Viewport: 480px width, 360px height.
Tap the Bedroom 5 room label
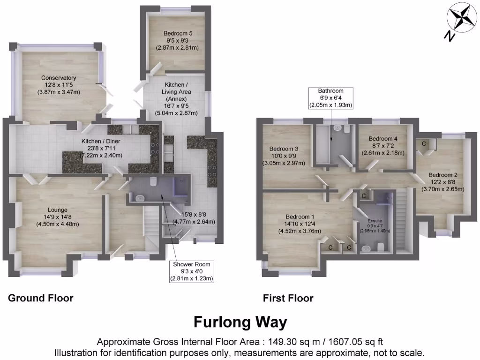[x=178, y=40]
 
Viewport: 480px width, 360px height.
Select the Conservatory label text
[x=59, y=85]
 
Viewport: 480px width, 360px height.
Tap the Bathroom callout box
[x=330, y=98]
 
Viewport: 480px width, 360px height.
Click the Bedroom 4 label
[x=382, y=146]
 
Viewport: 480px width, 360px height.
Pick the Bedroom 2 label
[x=442, y=182]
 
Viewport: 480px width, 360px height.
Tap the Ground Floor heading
[x=41, y=298]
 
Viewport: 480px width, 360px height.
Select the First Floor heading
[x=288, y=298]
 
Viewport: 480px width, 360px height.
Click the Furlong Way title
[x=240, y=322]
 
